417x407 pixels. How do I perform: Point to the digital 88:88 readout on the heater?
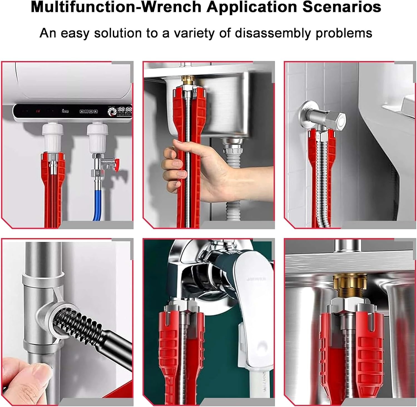(x=125, y=110)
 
